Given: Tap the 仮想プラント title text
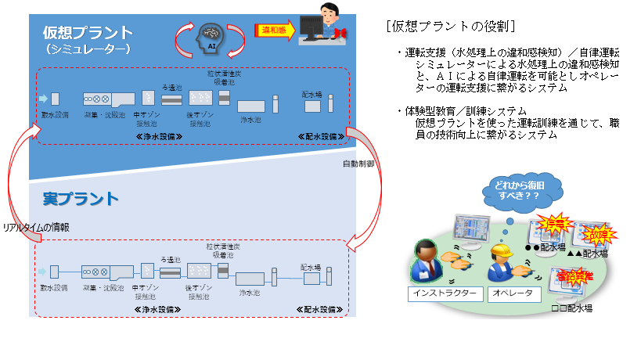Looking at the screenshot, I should click(88, 33).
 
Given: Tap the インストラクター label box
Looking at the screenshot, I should click(443, 294).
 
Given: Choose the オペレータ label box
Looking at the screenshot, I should click(513, 294).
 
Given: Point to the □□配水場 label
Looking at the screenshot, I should click(570, 308).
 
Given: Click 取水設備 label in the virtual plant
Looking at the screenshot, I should click(55, 115).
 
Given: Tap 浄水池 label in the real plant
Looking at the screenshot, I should click(250, 291).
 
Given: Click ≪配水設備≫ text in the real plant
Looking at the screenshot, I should click(321, 309).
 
